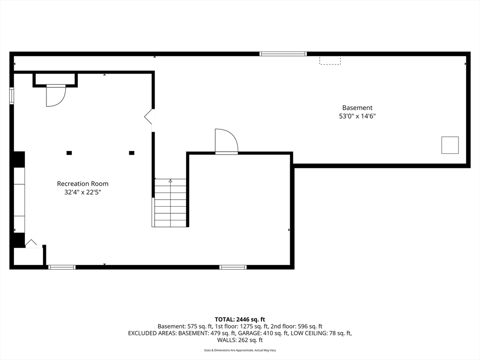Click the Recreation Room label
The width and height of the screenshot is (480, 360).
pyautogui.click(x=82, y=184)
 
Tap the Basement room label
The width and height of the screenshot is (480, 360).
pyautogui.click(x=357, y=108)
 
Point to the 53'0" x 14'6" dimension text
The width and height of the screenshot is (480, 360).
pyautogui.click(x=357, y=116)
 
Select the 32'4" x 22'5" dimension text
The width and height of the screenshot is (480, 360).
pyautogui.click(x=82, y=192)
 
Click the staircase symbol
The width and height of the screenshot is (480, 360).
pyautogui.click(x=170, y=202)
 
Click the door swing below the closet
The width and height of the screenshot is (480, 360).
pyautogui.click(x=55, y=96)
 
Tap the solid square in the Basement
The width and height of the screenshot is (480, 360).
pyautogui.click(x=450, y=145)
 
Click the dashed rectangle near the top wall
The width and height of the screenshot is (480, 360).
pyautogui.click(x=330, y=60)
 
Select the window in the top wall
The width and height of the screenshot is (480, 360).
pyautogui.click(x=283, y=54)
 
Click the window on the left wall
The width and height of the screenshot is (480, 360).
pyautogui.click(x=12, y=95)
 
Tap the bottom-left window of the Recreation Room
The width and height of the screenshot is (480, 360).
pyautogui.click(x=62, y=267)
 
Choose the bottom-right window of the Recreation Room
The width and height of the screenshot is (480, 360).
pyautogui.click(x=233, y=267)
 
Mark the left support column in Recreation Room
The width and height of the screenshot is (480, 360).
pyautogui.click(x=69, y=153)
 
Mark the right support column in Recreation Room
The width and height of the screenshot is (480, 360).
pyautogui.click(x=132, y=153)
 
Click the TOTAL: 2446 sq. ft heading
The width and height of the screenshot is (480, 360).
pyautogui.click(x=240, y=319)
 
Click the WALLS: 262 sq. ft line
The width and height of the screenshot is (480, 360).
pyautogui.click(x=240, y=340)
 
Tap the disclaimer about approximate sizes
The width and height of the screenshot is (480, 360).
pyautogui.click(x=240, y=350)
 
